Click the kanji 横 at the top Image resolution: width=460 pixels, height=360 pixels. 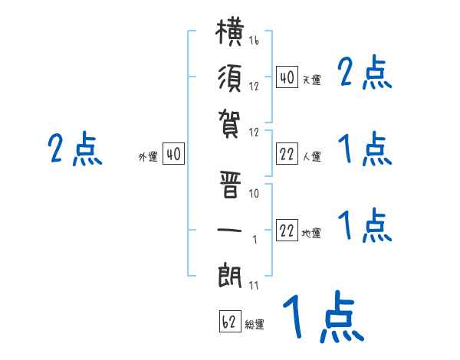point(229,32)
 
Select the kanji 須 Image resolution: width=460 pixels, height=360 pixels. point(230,78)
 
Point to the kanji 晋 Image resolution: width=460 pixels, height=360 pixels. point(230,185)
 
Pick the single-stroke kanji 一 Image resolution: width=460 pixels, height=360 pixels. point(229,230)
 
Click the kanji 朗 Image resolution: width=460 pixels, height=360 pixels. point(230,275)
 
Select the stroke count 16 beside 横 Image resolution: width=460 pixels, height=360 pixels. point(254,40)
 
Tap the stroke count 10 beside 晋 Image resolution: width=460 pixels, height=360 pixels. point(254,193)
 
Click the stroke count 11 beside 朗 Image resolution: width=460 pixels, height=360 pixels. point(254,285)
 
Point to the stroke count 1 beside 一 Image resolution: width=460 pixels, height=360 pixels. point(255,240)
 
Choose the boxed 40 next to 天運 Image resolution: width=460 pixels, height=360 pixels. point(287,77)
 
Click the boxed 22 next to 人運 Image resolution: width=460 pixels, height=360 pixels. point(287,154)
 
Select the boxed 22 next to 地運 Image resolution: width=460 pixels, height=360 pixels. point(287,231)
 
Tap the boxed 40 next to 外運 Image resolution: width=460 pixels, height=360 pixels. point(174,154)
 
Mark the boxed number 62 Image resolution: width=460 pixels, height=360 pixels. point(230,321)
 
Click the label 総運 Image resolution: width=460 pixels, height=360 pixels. point(255,325)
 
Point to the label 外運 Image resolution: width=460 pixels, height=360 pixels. point(148,157)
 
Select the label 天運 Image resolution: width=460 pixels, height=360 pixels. point(312,80)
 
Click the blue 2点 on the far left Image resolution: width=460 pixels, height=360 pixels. point(75,149)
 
